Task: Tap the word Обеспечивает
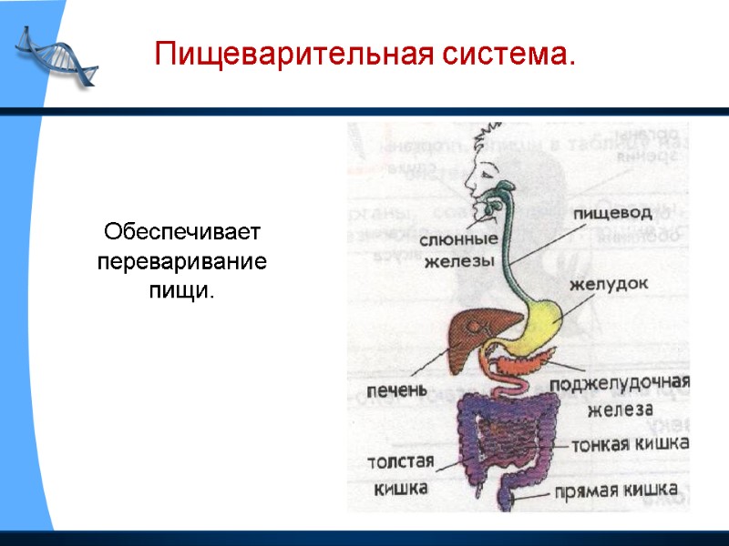tap(182, 232)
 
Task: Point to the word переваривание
tap(182, 262)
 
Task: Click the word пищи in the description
tap(181, 292)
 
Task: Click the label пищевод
tap(611, 213)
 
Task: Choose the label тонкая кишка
tap(629, 445)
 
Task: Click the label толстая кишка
tap(401, 474)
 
